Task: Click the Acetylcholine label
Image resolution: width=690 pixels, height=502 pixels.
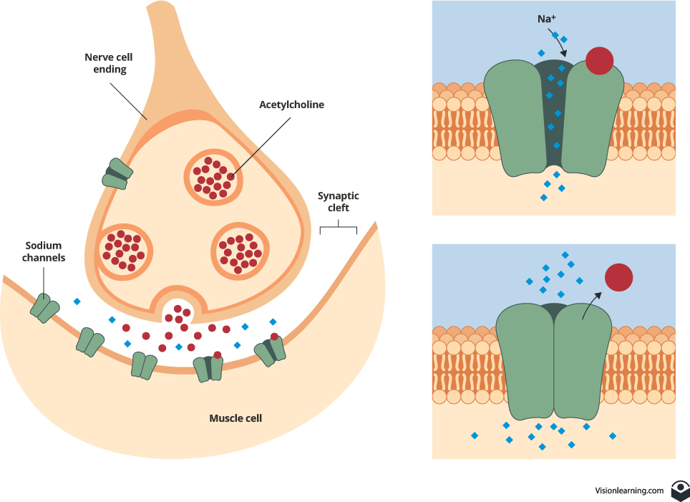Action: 291,105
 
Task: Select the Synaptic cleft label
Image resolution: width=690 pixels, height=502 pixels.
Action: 339,201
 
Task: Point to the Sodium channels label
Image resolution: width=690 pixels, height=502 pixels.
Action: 44,251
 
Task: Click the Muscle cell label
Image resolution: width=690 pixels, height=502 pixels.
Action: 235,417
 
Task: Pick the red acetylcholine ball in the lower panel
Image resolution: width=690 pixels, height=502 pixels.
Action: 619,277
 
